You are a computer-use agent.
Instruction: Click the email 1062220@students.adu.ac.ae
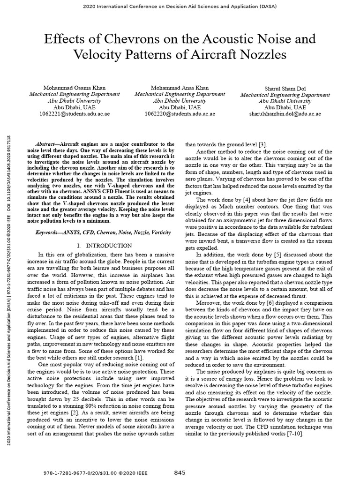(180, 113)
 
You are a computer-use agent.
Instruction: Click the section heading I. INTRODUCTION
(104, 245)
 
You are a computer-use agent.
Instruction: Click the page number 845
(180, 472)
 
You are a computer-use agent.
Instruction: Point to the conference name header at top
(180, 7)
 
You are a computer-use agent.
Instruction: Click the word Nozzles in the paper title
(261, 55)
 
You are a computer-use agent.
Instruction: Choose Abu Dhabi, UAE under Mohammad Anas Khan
(180, 107)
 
